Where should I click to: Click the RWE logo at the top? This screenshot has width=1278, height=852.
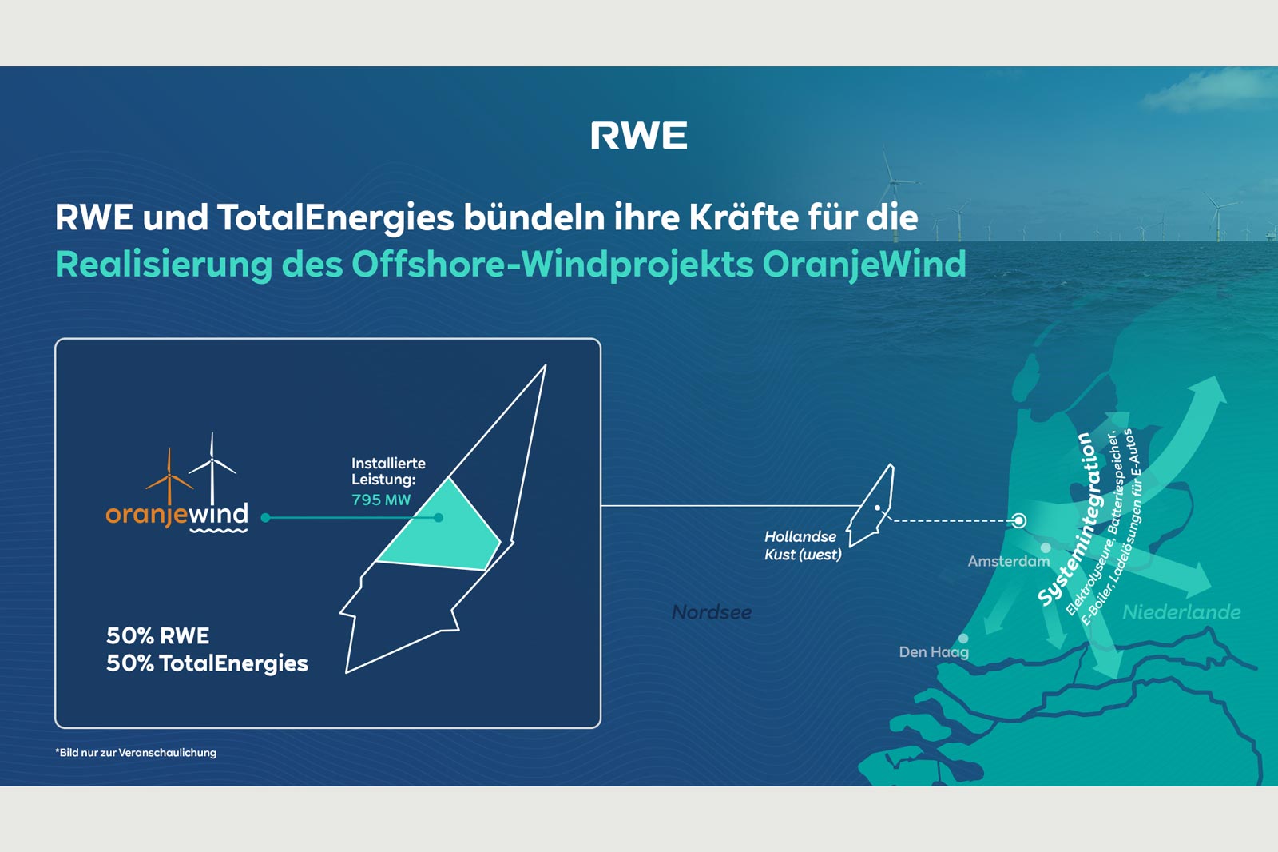(638, 136)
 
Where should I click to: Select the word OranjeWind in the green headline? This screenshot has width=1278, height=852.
(864, 265)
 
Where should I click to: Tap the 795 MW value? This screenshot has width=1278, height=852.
(381, 500)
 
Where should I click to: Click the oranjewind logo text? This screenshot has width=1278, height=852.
(177, 514)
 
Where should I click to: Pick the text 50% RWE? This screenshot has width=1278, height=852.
(157, 636)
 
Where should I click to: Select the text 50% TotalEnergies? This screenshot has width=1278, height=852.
(207, 663)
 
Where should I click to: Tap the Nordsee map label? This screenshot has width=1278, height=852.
(712, 612)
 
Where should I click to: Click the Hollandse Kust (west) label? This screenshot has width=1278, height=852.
(802, 546)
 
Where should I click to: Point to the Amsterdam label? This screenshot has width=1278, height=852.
(1008, 562)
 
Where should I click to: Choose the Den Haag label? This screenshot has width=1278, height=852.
(933, 652)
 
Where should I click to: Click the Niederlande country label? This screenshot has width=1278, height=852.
(1181, 612)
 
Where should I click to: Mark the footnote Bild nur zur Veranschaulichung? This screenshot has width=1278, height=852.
(136, 753)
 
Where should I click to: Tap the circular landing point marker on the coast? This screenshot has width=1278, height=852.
(1018, 521)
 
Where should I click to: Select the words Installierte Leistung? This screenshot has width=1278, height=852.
(387, 472)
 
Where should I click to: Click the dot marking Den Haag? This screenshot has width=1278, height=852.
(963, 639)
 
